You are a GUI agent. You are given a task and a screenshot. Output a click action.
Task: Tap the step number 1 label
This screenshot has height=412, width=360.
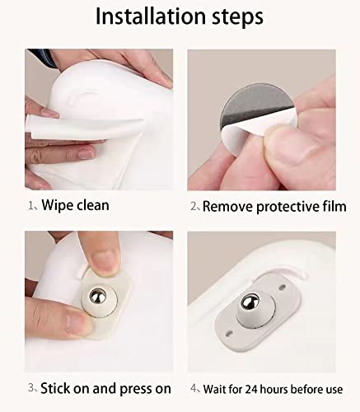[30, 205]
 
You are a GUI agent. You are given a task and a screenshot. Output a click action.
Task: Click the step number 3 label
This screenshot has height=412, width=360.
[30, 387]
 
